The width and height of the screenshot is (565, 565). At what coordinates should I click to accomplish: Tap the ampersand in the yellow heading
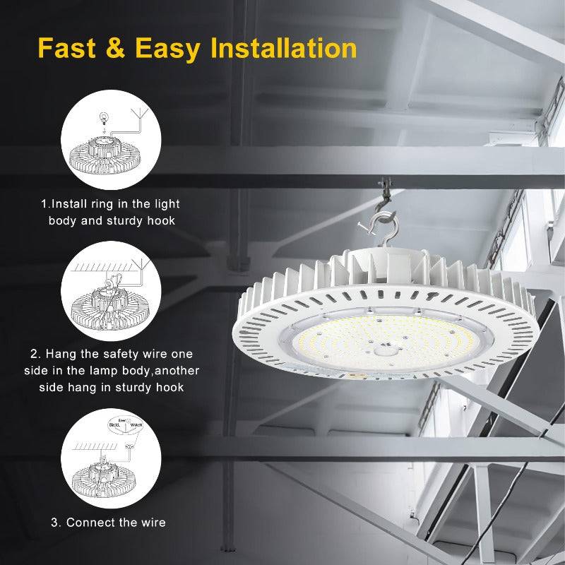118,48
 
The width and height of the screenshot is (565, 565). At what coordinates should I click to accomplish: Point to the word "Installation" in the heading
284,48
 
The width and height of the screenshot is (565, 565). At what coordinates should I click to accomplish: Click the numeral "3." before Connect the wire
56,523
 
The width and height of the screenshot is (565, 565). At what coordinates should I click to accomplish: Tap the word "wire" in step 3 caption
152,523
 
